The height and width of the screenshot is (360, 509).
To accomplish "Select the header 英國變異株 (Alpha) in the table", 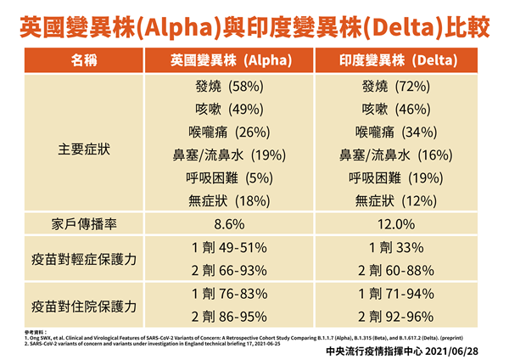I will click(226, 61).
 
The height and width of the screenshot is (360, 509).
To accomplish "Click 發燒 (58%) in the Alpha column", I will click(226, 86).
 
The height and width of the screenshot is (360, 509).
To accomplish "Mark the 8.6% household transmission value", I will click(226, 224).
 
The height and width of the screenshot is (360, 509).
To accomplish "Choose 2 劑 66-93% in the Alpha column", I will click(226, 271).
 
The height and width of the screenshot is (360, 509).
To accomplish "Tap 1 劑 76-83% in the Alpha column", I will click(226, 294).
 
